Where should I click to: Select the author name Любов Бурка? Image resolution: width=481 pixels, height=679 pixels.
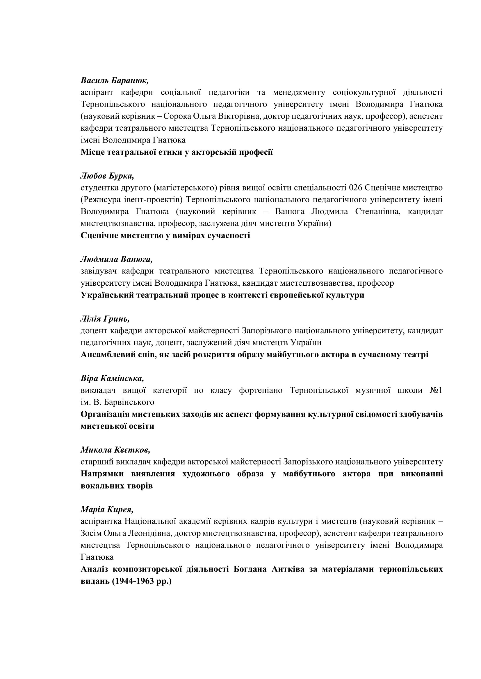tap(107, 176)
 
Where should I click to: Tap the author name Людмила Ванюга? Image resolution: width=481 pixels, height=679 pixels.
tap(116, 259)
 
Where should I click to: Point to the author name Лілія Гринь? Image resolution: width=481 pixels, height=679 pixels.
tap(105, 319)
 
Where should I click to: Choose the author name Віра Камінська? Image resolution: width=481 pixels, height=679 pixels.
tap(112, 379)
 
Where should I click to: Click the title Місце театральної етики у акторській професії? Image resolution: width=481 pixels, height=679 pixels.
tap(177, 152)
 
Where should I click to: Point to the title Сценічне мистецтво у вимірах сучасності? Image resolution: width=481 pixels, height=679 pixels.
tap(165, 236)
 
